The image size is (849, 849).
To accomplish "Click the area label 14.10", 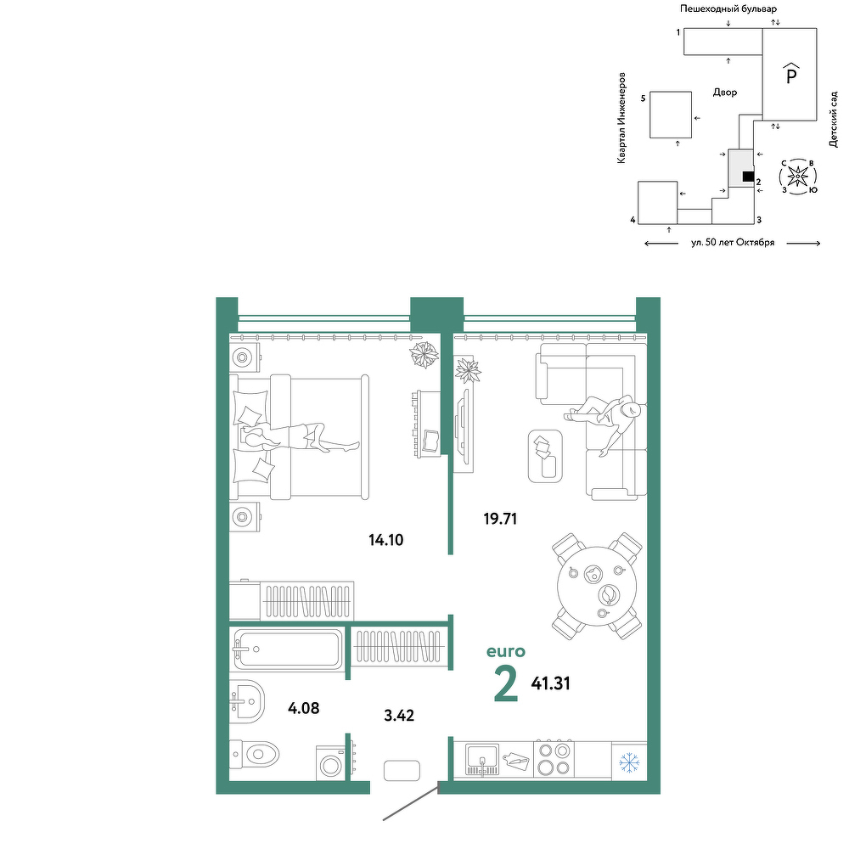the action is coord(386,540).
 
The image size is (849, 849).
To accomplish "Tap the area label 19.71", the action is coord(500,519).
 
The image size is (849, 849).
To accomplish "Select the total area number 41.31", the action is coord(551,683).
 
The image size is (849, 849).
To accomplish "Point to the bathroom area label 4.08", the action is coord(304,708).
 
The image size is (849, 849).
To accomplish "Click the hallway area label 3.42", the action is coord(399,716).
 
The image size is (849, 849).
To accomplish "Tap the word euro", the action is coord(506,651).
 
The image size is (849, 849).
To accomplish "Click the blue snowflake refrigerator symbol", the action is coord(629,762).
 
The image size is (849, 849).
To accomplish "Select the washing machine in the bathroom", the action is coord(330,763).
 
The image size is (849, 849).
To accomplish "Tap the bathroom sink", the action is coord(247,702).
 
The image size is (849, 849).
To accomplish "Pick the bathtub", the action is coord(286,649).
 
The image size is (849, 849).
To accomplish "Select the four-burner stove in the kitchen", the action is coord(554,759).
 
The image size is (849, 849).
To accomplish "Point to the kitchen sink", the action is coord(482,760).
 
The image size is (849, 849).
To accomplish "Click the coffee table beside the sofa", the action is coord(545,457).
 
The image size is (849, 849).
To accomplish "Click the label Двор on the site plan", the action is coord(725,92).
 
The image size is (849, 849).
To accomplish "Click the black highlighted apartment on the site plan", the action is coord(748,177).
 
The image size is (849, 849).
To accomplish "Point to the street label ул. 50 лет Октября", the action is coord(733,243).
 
